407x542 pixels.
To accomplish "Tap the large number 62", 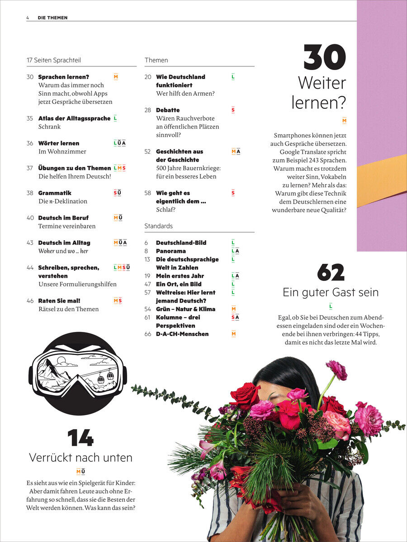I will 331,272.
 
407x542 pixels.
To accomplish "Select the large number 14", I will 80,438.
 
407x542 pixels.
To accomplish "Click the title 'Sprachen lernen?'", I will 64,77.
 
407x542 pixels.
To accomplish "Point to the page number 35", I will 30,118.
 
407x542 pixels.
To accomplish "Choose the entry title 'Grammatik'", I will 55,193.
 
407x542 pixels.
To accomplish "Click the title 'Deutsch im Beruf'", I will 63,218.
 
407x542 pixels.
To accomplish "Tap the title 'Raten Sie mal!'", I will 59,301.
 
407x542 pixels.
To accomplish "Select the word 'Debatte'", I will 168,110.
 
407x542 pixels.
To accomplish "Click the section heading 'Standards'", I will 159,226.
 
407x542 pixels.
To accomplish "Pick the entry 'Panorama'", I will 171,251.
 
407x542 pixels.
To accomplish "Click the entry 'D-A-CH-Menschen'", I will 182,334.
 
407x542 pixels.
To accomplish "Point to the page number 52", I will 147,152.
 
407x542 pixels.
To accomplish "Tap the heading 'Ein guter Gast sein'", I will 331,292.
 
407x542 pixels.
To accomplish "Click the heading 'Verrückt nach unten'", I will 80,458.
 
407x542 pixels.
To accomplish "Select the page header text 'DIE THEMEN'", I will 52,18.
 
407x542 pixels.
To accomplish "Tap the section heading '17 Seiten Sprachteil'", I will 54,60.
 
